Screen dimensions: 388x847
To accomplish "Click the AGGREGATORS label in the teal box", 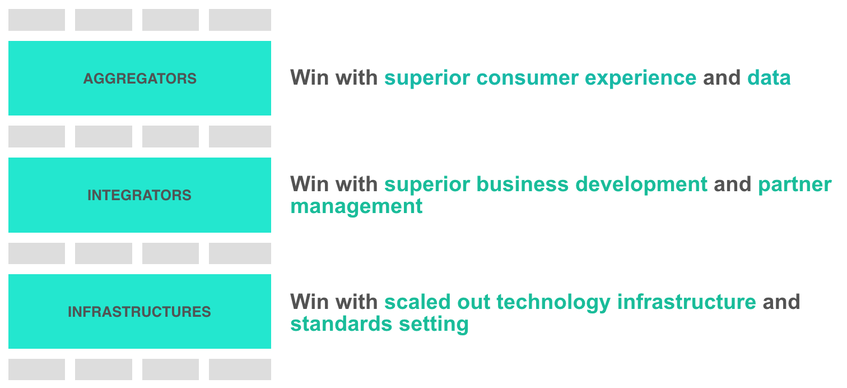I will coord(139,78).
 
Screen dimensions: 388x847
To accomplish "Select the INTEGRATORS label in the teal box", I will coord(139,195).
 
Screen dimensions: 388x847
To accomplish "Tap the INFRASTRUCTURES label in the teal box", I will coord(139,312).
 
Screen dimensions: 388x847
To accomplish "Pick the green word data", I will coord(769,78).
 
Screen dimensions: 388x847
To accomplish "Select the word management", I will coord(356,207).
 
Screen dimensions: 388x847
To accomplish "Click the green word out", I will coord(473,302).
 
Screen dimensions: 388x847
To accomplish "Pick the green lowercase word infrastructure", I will coord(687,302).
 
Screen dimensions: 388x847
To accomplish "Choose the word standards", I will coord(341,324).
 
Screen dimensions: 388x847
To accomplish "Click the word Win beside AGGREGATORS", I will coord(310,78).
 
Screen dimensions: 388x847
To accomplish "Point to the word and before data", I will coord(722,78).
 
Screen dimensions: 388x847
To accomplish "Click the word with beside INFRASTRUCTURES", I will coord(357,302).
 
